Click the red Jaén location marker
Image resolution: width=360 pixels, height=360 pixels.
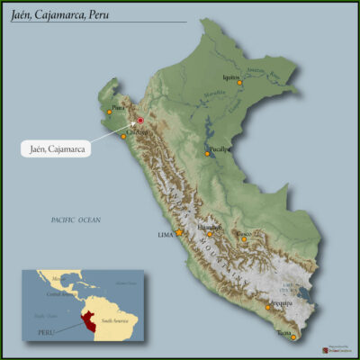pos(140,120)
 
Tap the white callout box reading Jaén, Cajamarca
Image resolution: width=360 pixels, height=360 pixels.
pos(58,148)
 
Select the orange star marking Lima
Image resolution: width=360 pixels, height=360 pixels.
pos(178,232)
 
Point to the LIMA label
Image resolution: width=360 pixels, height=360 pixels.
pos(165,235)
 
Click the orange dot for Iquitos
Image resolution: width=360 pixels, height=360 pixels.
pos(240,84)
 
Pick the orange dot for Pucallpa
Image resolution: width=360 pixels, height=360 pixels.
pos(207,153)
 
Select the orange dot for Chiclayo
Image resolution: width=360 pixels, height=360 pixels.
pos(124,136)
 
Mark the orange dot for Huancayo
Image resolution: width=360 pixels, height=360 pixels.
pos(211,233)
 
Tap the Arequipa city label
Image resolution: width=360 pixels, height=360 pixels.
pos(281,303)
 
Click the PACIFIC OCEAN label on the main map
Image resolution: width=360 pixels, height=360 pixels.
pos(76,220)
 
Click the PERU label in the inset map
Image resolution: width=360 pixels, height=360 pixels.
pos(46,332)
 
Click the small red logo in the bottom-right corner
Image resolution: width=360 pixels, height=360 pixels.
pos(326,349)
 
